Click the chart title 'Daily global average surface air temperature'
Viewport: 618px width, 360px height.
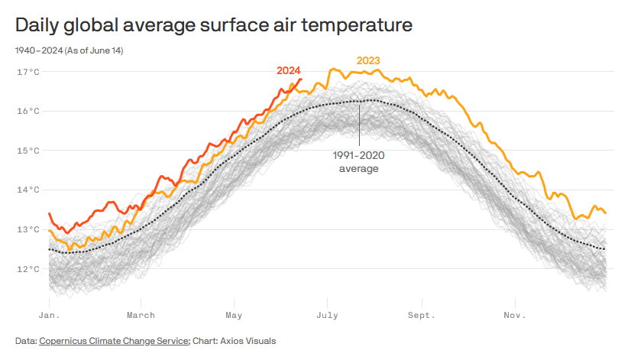(214, 25)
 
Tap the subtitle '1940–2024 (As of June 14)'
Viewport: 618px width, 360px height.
(69, 50)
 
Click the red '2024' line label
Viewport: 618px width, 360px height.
(288, 70)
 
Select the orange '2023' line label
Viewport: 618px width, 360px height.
(368, 60)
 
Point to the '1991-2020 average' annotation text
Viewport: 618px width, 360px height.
(358, 161)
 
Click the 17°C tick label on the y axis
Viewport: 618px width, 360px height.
(28, 72)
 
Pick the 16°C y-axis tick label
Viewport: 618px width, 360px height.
(28, 111)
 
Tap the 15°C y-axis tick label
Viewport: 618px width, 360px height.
(28, 151)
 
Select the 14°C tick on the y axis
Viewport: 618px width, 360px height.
(28, 190)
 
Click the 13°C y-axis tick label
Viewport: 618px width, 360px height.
(28, 229)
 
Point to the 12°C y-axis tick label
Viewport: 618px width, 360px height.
(28, 269)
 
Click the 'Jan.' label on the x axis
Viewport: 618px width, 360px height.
(49, 315)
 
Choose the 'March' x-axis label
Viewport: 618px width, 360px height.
(141, 315)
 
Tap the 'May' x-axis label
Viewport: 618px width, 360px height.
(234, 315)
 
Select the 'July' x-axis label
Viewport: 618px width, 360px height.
(328, 315)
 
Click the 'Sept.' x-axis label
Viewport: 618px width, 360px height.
(421, 315)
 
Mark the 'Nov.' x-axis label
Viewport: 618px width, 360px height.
(514, 315)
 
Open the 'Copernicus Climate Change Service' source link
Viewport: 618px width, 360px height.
(114, 341)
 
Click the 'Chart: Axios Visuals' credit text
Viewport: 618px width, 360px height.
(235, 341)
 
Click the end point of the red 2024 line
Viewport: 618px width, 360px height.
(302, 79)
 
